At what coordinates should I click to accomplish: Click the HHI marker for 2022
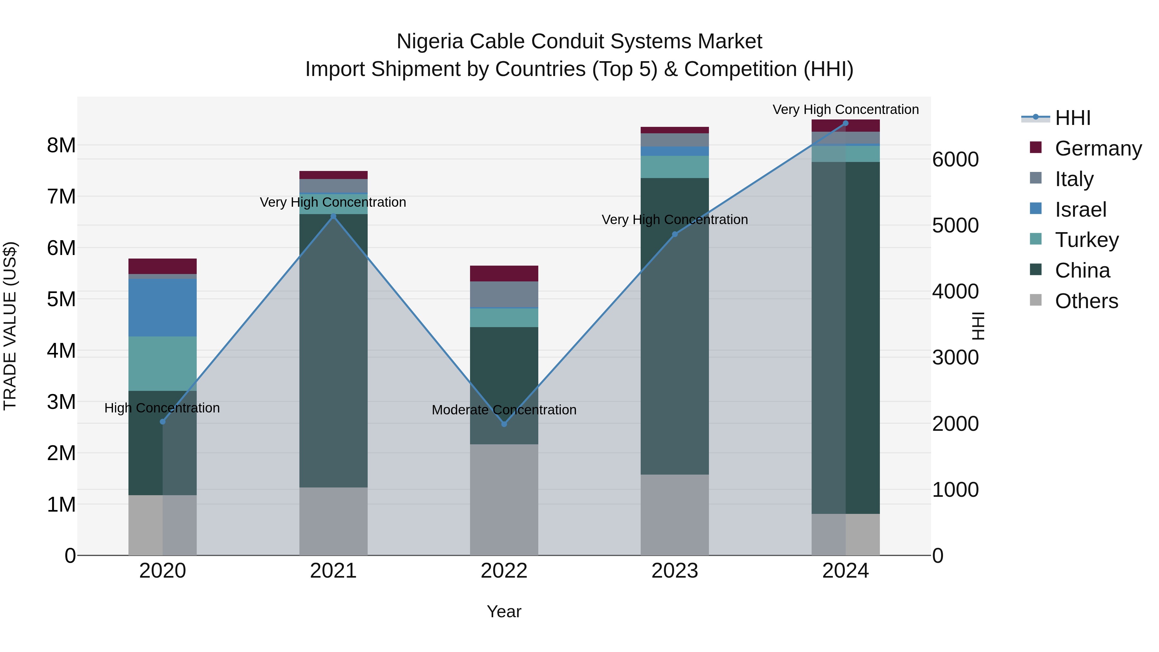pyautogui.click(x=504, y=424)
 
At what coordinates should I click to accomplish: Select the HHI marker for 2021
pyautogui.click(x=334, y=216)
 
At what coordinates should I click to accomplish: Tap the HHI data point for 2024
pyautogui.click(x=845, y=123)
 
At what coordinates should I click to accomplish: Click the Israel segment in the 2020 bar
pyautogui.click(x=163, y=307)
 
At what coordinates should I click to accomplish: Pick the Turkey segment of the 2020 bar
pyautogui.click(x=163, y=364)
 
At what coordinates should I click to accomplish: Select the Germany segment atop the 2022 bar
pyautogui.click(x=504, y=274)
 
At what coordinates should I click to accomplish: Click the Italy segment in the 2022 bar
pyautogui.click(x=504, y=294)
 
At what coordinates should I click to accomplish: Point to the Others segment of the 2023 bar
pyautogui.click(x=674, y=515)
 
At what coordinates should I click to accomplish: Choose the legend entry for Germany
pyautogui.click(x=1098, y=148)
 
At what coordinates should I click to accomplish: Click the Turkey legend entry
pyautogui.click(x=1087, y=240)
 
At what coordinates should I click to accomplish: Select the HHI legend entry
pyautogui.click(x=1073, y=118)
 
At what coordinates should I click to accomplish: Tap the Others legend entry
pyautogui.click(x=1086, y=301)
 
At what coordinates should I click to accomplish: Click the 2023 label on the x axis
pyautogui.click(x=674, y=571)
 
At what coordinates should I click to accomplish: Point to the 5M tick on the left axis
pyautogui.click(x=61, y=299)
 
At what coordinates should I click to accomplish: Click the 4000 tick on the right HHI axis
pyautogui.click(x=955, y=292)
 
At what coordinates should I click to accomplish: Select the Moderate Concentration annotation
pyautogui.click(x=504, y=410)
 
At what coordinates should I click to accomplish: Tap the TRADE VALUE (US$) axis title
pyautogui.click(x=10, y=326)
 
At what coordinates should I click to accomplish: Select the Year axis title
pyautogui.click(x=504, y=611)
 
